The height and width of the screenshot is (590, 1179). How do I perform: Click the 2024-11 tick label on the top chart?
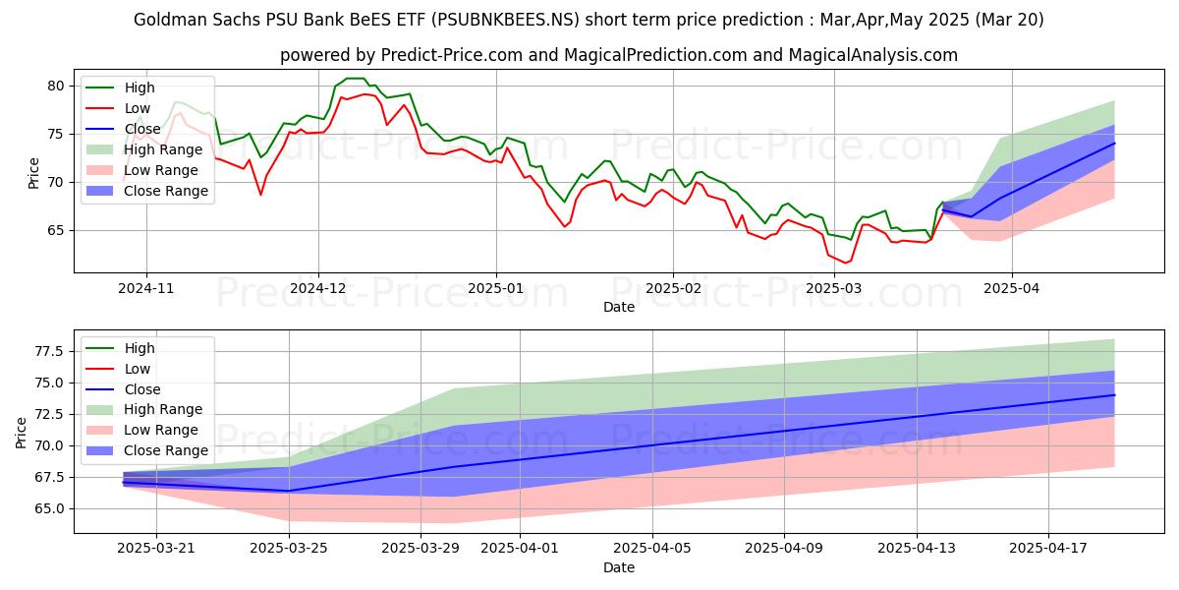click(x=146, y=290)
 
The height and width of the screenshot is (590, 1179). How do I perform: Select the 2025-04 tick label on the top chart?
click(x=1012, y=290)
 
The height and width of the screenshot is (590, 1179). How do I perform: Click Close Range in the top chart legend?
click(x=166, y=191)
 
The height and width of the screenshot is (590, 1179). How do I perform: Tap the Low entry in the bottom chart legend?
click(x=138, y=369)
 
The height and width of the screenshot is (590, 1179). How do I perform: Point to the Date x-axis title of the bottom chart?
click(x=619, y=567)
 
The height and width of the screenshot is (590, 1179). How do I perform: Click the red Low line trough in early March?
click(x=845, y=263)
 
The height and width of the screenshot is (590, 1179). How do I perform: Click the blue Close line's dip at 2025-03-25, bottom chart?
click(x=289, y=491)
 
